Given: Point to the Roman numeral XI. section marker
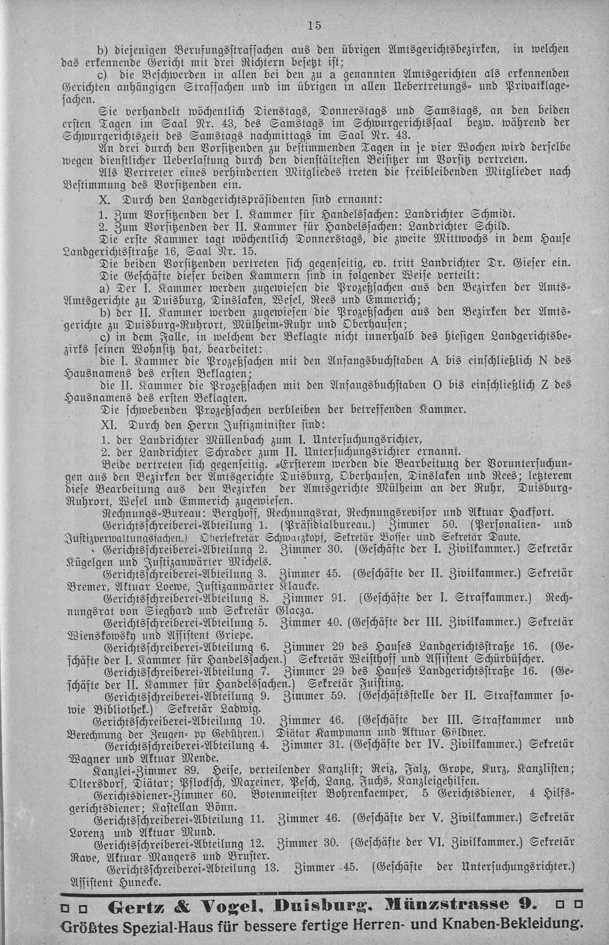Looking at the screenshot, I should coord(111,424).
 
